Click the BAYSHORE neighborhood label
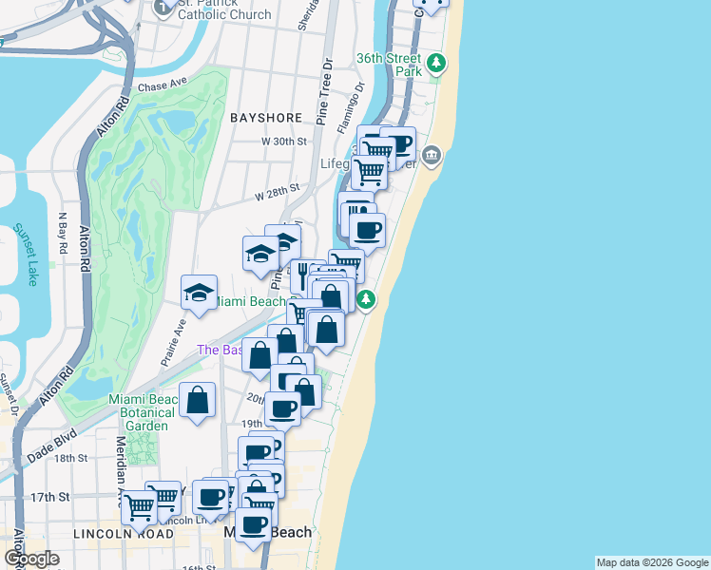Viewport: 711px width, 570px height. tap(266, 117)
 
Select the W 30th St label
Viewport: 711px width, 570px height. tap(285, 141)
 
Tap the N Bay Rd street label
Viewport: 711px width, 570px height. tap(64, 234)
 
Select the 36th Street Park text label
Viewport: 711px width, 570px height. tap(389, 65)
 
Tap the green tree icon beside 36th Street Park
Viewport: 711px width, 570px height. tap(436, 64)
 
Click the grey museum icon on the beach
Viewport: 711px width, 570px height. tap(432, 155)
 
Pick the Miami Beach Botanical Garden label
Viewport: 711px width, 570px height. tap(142, 412)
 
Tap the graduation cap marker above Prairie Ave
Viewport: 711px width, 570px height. tap(199, 292)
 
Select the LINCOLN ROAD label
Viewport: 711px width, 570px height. tap(123, 534)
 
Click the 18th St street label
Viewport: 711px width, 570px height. tap(70, 458)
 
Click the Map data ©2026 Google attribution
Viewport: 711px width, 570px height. tap(652, 562)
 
